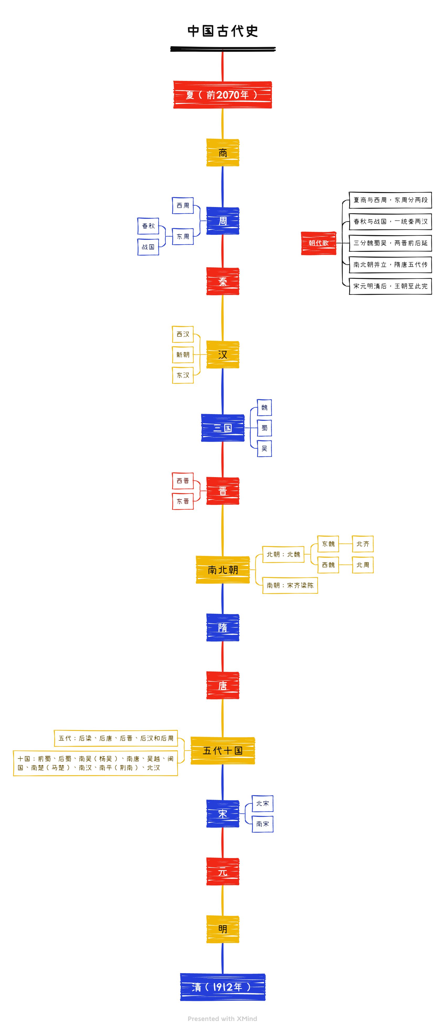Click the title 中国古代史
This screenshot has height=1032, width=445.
[x=222, y=31]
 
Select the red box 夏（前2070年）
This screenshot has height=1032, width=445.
[x=222, y=95]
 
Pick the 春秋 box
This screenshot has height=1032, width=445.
[x=148, y=226]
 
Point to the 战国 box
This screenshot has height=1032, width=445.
[x=148, y=247]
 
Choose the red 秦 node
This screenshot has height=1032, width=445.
[x=222, y=281]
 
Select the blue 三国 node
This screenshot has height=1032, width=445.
[x=222, y=428]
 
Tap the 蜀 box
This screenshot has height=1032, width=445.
[x=264, y=428]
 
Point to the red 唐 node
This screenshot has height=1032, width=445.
[x=222, y=685]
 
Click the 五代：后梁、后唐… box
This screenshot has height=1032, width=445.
[x=116, y=738]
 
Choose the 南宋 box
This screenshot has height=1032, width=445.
[x=263, y=824]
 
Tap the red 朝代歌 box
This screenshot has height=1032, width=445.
[x=319, y=243]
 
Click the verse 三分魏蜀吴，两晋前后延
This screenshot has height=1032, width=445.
[x=390, y=243]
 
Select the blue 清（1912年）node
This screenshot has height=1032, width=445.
[x=222, y=987]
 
